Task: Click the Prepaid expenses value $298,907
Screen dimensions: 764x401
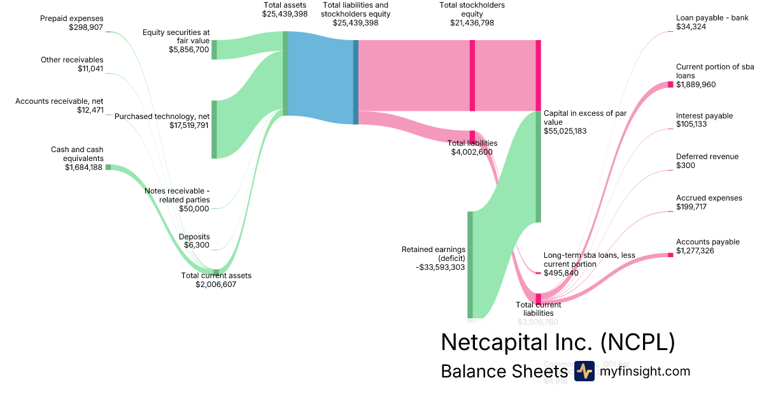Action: pos(85,27)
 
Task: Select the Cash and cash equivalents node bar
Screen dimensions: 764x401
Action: pos(108,167)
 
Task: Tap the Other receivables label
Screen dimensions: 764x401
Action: pos(72,60)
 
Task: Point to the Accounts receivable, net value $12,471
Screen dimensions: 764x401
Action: pos(90,110)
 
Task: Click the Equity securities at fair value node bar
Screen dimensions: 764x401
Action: pos(214,49)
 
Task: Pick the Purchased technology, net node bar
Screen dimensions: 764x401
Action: pos(214,129)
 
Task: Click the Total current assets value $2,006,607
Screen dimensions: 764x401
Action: pos(216,285)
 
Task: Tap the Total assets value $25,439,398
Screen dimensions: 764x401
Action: pos(285,14)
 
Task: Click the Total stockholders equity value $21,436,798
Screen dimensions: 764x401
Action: pos(472,23)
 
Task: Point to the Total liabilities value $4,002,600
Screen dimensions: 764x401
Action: pos(472,152)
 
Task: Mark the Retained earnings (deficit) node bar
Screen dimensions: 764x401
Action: pos(470,264)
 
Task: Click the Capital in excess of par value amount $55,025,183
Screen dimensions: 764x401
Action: pos(565,130)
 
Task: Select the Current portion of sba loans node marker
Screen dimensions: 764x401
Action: pos(670,85)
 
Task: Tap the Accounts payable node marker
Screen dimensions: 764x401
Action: pos(670,255)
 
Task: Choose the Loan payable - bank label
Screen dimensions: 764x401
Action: pos(712,18)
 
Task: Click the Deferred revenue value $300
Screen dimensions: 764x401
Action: pos(685,165)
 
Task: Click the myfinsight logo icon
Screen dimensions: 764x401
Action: pos(584,371)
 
